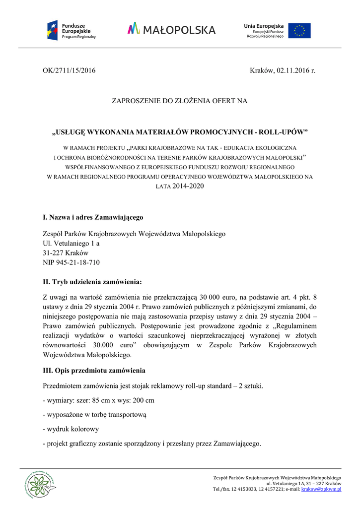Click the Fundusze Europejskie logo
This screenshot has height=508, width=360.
click(x=72, y=30)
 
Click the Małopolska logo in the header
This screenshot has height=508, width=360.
click(x=171, y=29)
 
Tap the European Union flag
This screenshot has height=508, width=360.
click(x=299, y=30)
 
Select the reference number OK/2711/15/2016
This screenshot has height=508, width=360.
click(x=69, y=70)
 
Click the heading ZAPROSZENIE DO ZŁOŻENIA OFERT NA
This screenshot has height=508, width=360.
click(x=179, y=101)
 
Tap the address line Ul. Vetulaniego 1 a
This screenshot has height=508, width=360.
click(x=71, y=243)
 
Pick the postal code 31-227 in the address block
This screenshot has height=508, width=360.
click(x=53, y=253)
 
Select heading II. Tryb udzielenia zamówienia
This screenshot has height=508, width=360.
click(x=92, y=282)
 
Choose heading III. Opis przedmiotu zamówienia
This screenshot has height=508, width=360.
click(x=94, y=370)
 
